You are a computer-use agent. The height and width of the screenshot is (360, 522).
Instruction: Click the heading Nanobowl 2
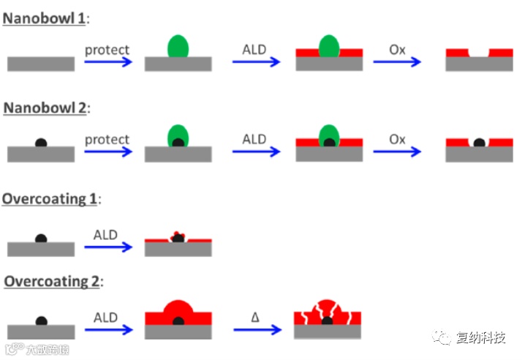click(x=45, y=108)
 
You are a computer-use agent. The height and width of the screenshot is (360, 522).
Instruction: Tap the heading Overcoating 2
click(x=52, y=280)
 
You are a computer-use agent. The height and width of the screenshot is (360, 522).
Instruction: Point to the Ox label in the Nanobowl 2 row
click(x=397, y=139)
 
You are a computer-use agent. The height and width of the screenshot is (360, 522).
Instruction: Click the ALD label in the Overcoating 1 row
click(x=106, y=235)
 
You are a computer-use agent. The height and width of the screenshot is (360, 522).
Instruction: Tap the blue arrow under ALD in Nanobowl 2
click(x=256, y=151)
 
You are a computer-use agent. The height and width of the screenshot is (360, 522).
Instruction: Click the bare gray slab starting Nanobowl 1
click(x=40, y=64)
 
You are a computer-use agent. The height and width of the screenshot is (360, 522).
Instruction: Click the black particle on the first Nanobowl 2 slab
click(x=41, y=142)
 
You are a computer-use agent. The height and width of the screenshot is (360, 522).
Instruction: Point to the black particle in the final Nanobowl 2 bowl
click(x=479, y=142)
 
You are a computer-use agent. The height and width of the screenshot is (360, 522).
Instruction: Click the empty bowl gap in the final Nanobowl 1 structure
click(x=479, y=53)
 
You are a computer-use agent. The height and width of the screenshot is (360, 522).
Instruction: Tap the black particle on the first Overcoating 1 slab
click(x=41, y=238)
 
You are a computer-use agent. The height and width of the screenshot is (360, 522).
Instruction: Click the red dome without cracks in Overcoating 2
click(x=178, y=312)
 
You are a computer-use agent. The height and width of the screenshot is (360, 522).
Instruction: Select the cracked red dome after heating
click(x=328, y=313)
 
